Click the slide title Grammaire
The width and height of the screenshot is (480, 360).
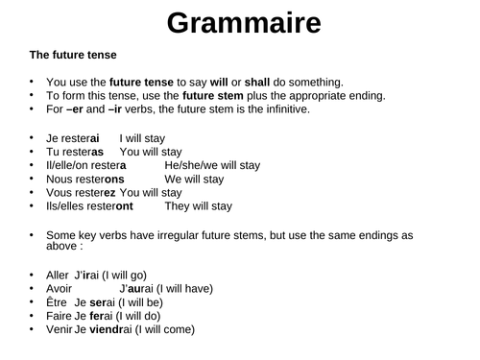point(240,24)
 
